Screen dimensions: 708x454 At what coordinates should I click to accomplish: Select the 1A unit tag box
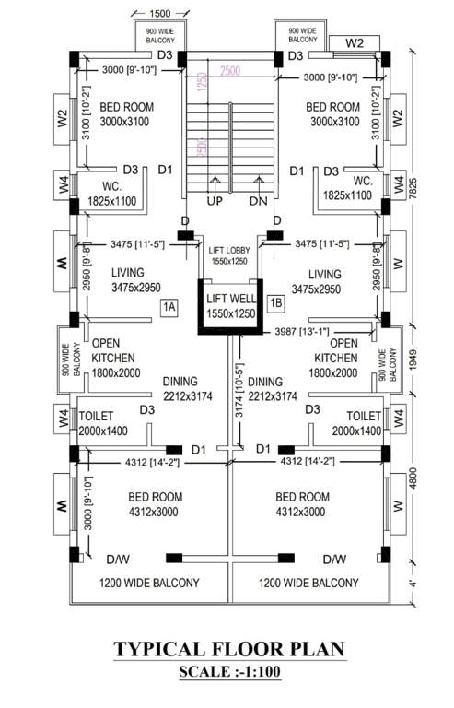coord(169,307)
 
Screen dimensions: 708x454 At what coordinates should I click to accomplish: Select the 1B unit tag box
coord(275,302)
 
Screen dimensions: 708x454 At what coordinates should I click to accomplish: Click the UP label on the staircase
coord(214,201)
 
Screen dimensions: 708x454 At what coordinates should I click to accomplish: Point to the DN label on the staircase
coord(256,201)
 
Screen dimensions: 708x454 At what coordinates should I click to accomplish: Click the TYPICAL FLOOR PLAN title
coord(228,649)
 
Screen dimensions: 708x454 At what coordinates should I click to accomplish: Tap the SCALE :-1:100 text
coord(228,672)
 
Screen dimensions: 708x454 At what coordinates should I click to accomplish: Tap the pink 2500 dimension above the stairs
coord(230,72)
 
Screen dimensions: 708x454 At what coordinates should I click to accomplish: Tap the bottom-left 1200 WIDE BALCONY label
coord(149,583)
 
